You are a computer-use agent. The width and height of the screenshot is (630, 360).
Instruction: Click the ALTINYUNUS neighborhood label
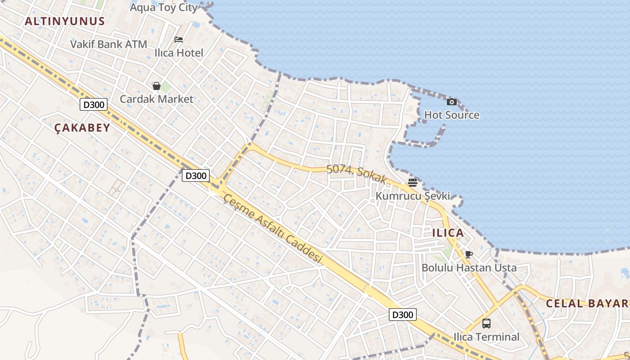coord(65,21)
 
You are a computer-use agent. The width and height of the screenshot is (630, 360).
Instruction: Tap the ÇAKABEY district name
coord(82,128)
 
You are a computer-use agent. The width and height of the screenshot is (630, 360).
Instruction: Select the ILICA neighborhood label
coord(448,233)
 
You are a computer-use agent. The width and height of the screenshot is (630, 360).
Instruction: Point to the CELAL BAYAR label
coord(587,303)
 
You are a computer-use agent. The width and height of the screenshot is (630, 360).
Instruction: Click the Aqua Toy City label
coord(164,7)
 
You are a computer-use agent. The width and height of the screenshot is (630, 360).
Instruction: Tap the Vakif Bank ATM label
coord(109,44)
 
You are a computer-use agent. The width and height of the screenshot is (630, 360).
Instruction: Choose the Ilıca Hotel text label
coord(179,53)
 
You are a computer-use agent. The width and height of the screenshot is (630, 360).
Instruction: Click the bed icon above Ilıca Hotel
coord(179,40)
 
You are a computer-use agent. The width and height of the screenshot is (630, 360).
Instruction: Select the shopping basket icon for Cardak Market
coord(157,86)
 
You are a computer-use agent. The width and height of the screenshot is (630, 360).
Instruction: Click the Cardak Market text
coord(157,99)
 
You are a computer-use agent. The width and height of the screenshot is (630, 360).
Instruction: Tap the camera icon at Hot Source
coord(452,102)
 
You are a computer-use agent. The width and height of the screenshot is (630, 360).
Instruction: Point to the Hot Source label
coord(452,115)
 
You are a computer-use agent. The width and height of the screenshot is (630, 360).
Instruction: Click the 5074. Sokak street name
coord(357,174)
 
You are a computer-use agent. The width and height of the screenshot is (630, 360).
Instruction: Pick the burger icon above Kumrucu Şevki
coord(413,183)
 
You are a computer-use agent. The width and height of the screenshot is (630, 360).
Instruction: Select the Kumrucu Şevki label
coord(413,196)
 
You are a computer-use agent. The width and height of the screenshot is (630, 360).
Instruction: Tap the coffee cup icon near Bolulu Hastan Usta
coord(469,255)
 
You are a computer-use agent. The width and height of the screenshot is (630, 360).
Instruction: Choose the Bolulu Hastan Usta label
coord(469,268)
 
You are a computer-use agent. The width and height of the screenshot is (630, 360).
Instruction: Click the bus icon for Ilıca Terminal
coord(486,324)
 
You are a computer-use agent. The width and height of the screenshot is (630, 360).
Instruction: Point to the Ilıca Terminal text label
coord(486,337)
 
